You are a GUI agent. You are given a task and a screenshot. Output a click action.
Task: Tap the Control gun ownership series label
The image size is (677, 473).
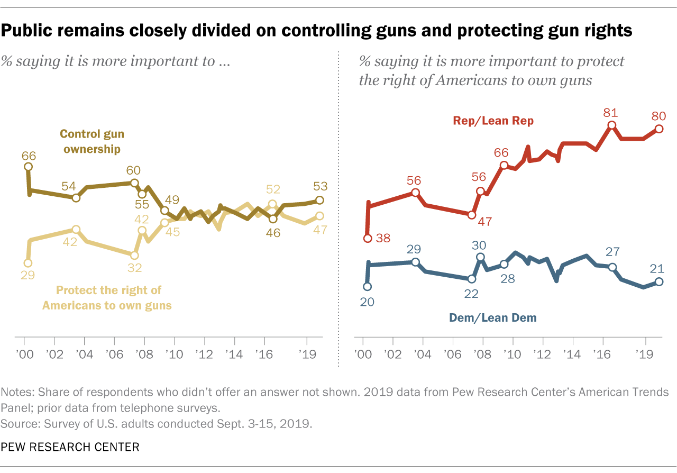(92, 141)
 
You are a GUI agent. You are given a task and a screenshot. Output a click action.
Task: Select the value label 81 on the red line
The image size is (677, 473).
(611, 112)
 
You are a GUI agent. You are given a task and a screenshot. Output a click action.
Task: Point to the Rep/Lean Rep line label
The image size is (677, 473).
(493, 121)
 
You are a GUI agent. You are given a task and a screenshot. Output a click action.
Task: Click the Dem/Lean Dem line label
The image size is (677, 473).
(492, 318)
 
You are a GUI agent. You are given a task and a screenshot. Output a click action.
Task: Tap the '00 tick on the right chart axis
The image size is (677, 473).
(362, 352)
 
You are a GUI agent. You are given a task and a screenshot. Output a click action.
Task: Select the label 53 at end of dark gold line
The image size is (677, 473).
(321, 186)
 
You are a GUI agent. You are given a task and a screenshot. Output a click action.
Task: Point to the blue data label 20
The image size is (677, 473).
(367, 302)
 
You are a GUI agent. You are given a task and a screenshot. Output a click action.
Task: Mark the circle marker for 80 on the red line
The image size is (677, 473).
(659, 128)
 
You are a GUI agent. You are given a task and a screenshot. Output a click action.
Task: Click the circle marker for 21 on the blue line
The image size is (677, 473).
(659, 282)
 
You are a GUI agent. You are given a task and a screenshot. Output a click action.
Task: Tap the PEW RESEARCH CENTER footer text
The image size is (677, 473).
(70, 447)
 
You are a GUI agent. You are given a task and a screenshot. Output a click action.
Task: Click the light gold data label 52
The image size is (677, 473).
(273, 190)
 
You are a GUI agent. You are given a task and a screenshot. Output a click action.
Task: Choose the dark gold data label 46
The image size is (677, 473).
(273, 232)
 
